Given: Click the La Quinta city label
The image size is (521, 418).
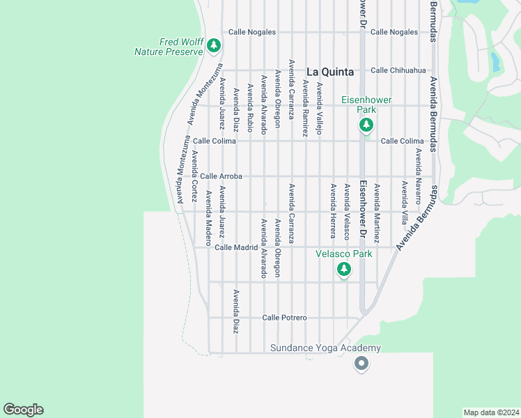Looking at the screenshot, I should (x=330, y=72).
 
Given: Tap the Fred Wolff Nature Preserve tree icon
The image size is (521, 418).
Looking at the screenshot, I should (x=213, y=47).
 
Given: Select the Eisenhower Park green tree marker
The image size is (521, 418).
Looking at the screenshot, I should (x=366, y=125).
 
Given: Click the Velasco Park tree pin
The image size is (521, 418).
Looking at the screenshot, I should (x=343, y=269).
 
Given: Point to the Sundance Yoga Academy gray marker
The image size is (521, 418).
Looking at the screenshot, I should (x=361, y=363).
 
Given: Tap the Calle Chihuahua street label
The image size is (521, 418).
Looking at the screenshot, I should (x=398, y=70).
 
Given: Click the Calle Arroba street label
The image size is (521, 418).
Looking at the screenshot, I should (x=221, y=177).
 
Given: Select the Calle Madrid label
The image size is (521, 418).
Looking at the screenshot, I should (x=236, y=247).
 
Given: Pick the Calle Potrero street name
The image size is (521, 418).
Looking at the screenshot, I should (x=284, y=318).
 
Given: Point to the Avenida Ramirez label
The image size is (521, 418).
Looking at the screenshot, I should (x=305, y=108).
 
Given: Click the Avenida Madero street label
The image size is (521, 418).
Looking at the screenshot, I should (x=208, y=212).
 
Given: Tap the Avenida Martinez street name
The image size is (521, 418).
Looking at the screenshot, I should (x=377, y=212).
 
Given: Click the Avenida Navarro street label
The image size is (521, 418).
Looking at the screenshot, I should (x=419, y=176).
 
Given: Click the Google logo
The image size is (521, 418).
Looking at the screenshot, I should (x=23, y=410).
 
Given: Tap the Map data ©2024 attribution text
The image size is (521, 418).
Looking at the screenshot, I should (x=491, y=412).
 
